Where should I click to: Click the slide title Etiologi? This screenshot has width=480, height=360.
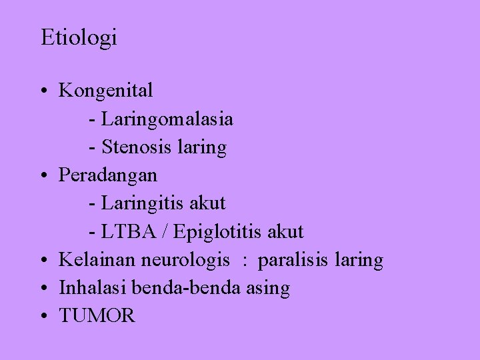click(x=79, y=38)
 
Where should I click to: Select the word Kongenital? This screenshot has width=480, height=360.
click(x=106, y=90)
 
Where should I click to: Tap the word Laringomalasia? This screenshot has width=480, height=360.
click(x=167, y=119)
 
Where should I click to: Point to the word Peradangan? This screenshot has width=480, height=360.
click(x=108, y=175)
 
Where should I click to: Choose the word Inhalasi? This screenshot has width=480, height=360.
click(x=93, y=288)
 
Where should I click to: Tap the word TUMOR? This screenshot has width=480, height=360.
click(x=97, y=316)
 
